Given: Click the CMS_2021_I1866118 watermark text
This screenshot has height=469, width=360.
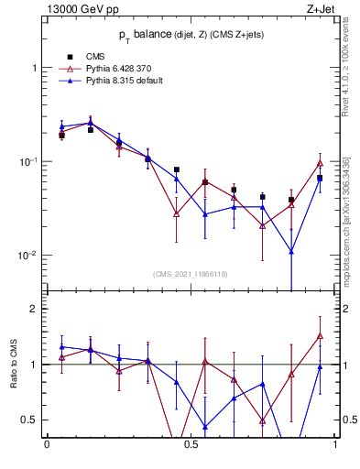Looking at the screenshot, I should [x=191, y=274].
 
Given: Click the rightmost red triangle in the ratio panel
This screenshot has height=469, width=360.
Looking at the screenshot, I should [x=320, y=336].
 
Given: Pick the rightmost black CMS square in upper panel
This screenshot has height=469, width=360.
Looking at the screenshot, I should [x=320, y=178].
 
